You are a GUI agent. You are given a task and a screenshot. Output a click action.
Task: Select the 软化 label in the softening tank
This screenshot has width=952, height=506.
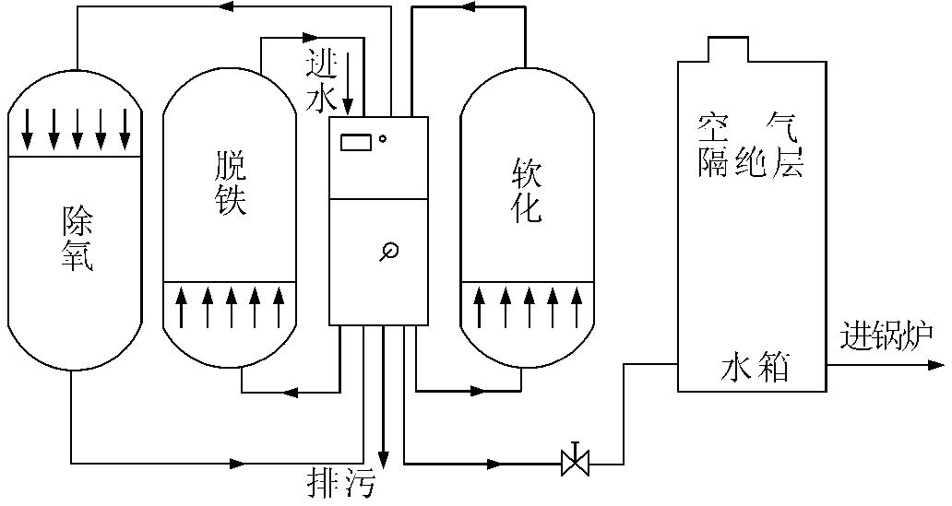pyautogui.click(x=526, y=191)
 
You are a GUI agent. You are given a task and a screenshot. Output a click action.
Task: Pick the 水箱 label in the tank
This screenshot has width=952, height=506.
pyautogui.click(x=753, y=368)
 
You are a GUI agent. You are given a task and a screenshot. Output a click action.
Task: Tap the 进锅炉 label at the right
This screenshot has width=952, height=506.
pyautogui.click(x=887, y=337)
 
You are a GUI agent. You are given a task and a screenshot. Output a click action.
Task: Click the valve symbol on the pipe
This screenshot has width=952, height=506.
pyautogui.click(x=576, y=461)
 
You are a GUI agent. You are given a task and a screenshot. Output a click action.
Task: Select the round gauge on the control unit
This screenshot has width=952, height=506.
pyautogui.click(x=388, y=250)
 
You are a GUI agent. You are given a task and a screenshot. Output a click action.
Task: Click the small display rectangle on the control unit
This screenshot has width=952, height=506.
pyautogui.click(x=355, y=142)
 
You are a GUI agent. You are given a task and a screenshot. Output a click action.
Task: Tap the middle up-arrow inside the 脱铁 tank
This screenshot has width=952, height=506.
pyautogui.click(x=231, y=308)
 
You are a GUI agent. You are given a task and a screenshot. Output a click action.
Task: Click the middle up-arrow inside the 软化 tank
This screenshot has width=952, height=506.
pyautogui.click(x=529, y=308)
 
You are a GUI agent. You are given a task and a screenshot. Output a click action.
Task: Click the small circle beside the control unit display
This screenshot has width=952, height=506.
pyautogui.click(x=382, y=139)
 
